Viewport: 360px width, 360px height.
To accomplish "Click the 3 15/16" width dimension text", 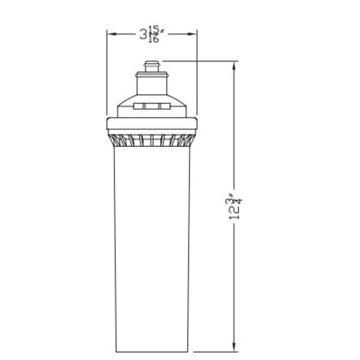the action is (x=152, y=34).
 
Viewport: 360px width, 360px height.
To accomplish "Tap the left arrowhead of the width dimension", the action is (x=112, y=34).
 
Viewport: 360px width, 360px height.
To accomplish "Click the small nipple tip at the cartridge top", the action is (x=152, y=66).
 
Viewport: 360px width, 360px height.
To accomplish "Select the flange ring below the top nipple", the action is (x=152, y=75).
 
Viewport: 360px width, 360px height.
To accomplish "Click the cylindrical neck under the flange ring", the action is (x=152, y=86).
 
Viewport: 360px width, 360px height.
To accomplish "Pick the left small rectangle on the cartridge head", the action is (x=138, y=106).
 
